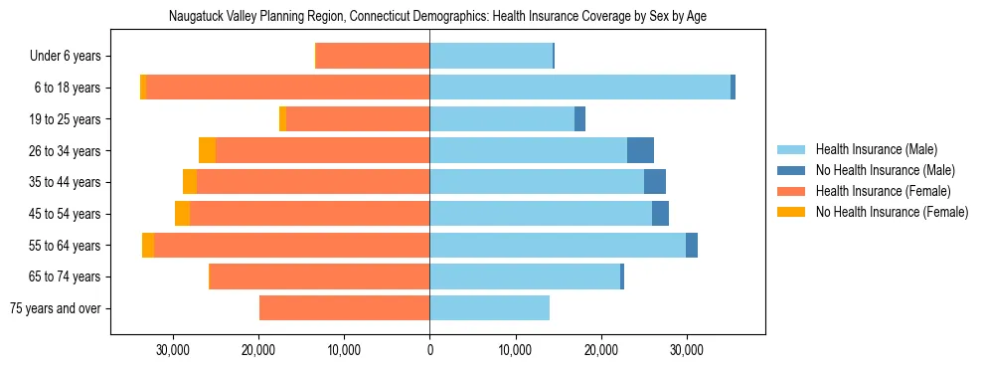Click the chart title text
point(437,17)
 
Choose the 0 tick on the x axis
point(429,351)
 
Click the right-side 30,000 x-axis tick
point(686,351)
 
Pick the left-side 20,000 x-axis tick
point(258,351)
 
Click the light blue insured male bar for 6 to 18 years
point(579,88)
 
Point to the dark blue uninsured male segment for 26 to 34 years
point(640,150)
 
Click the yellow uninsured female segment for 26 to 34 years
point(207,150)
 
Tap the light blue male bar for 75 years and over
point(489,308)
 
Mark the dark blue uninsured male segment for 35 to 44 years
point(655,182)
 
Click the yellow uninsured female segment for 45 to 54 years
point(182,214)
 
